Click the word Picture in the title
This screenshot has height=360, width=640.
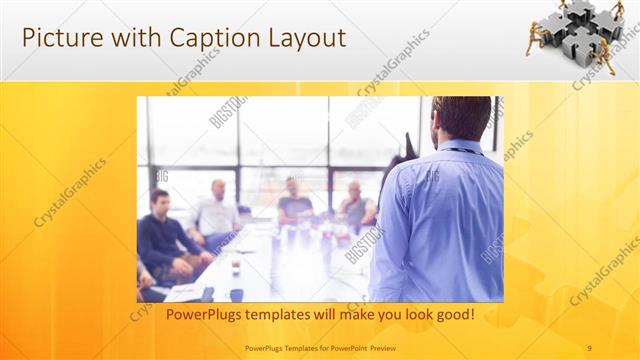pyautogui.click(x=59, y=38)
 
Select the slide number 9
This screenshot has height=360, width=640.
pyautogui.click(x=589, y=347)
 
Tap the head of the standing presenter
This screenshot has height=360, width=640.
pyautogui.click(x=461, y=118)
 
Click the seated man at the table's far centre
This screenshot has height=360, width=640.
pyautogui.click(x=293, y=200)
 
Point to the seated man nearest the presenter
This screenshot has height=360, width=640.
pyautogui.click(x=354, y=204)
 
